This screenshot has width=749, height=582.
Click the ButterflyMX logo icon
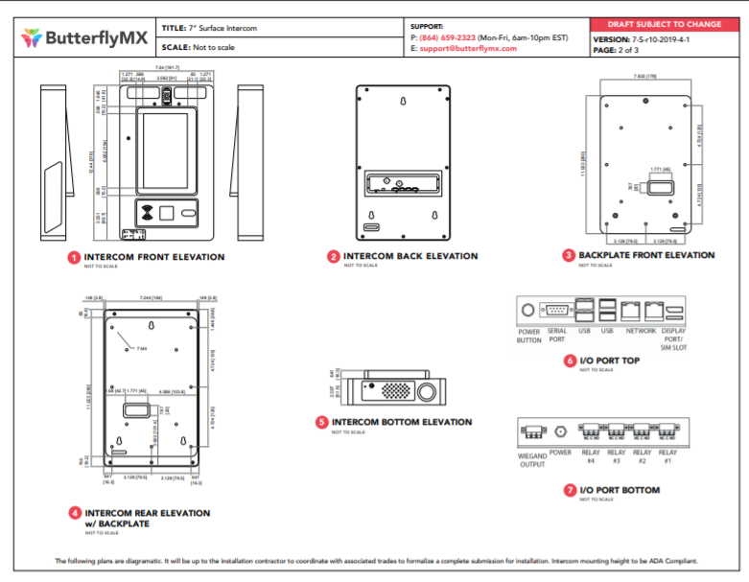[32, 37]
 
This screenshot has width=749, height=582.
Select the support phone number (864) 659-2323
[450, 37]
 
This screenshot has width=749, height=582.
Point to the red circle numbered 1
[74, 257]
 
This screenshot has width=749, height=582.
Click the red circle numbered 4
[75, 513]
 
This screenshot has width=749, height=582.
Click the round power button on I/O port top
[527, 311]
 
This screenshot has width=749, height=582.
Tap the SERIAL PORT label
[556, 335]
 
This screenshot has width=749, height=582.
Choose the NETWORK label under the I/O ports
[641, 331]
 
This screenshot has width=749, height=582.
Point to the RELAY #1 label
[667, 456]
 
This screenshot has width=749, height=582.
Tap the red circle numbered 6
[570, 360]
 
